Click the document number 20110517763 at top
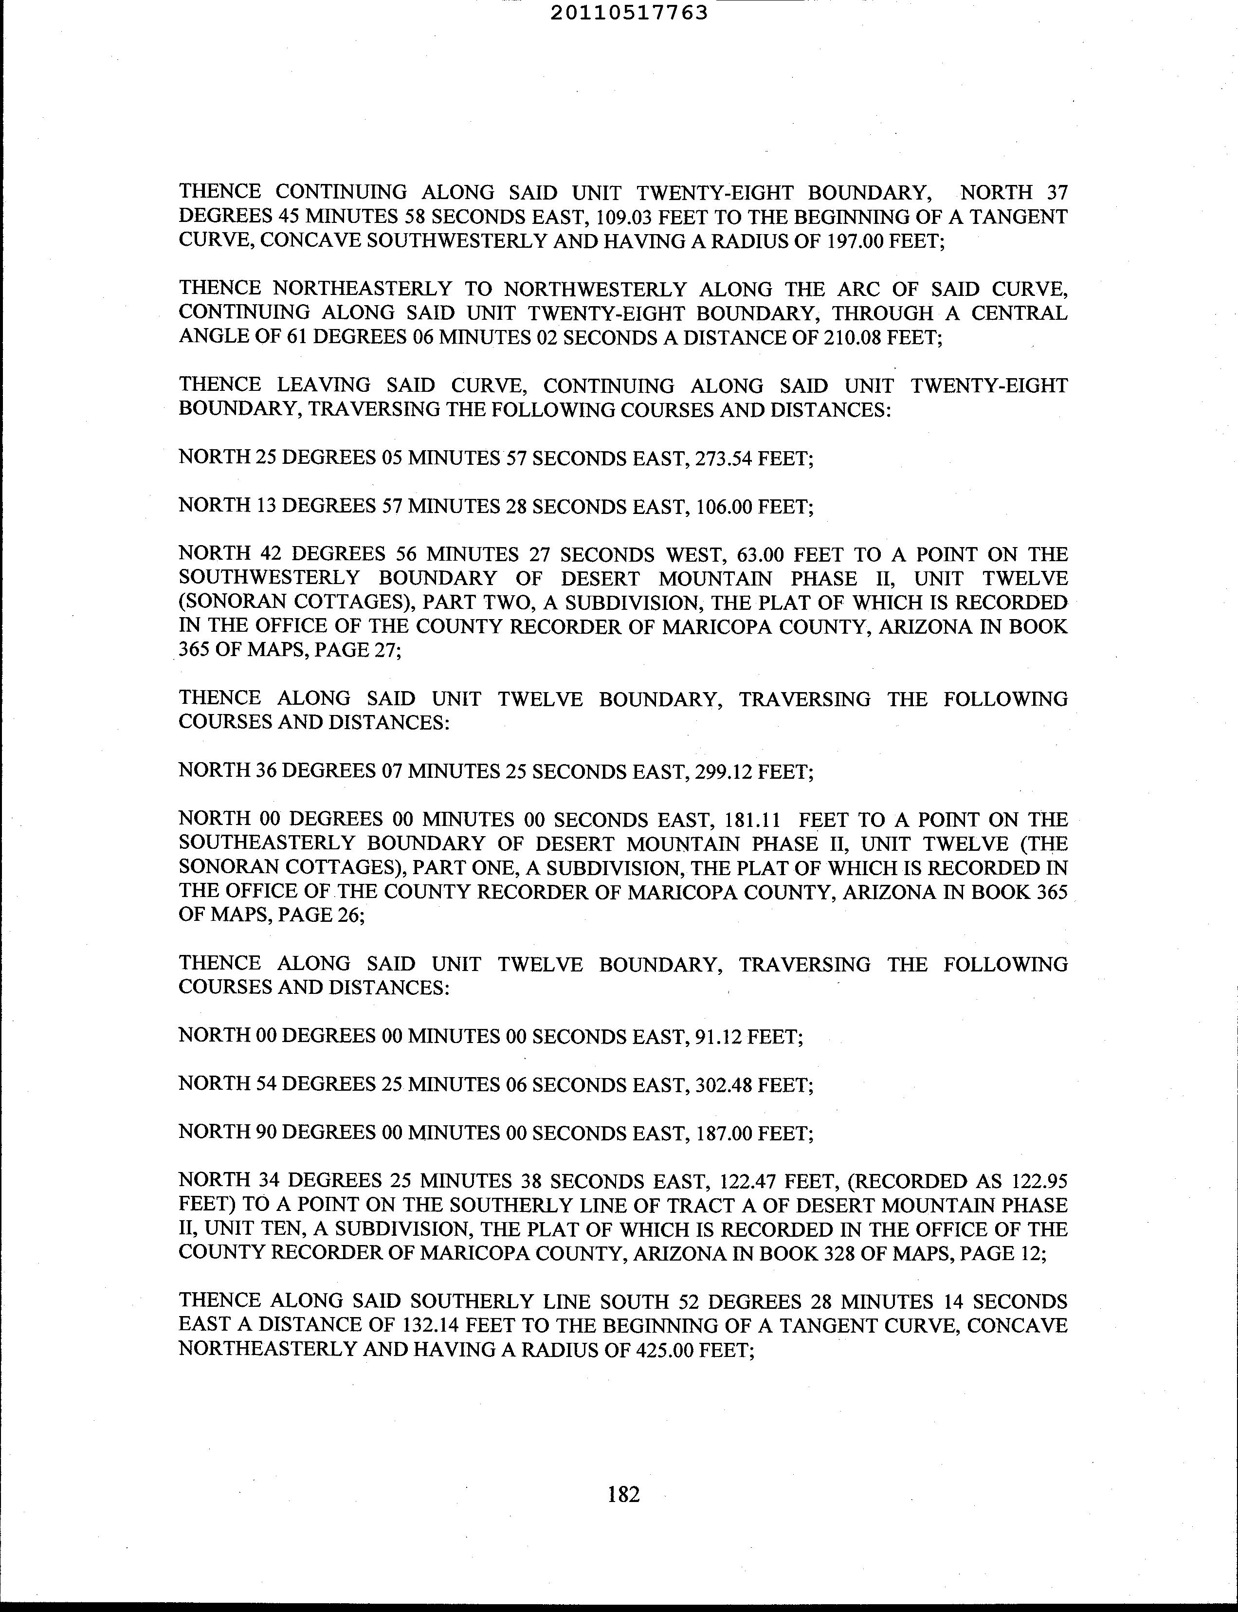point(629,13)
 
